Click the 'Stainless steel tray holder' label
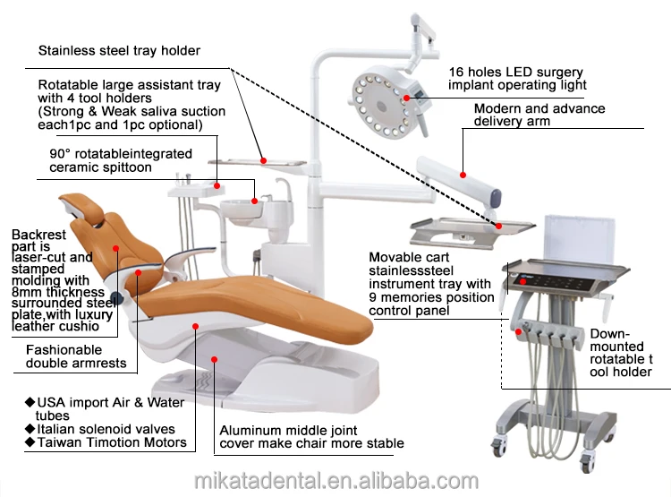click(119, 50)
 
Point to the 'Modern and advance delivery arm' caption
click(539, 115)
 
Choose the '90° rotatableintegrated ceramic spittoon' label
click(120, 160)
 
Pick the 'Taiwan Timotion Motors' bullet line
click(106, 442)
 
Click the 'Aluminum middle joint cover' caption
click(311, 436)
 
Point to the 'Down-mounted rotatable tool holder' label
click(621, 352)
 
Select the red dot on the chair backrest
click(115, 247)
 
